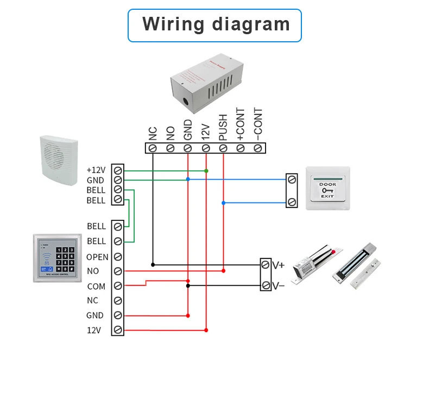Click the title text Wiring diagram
click(x=216, y=24)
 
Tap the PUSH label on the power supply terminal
click(x=223, y=128)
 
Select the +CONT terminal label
click(x=240, y=124)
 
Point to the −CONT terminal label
click(x=258, y=124)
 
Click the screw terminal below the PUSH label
click(x=223, y=148)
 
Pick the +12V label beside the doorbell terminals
click(x=96, y=170)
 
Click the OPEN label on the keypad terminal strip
click(x=97, y=257)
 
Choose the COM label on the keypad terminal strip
click(x=96, y=286)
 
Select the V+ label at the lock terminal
click(x=279, y=265)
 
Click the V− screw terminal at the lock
click(x=266, y=285)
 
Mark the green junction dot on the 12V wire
click(x=206, y=171)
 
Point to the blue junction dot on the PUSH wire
click(x=223, y=203)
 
